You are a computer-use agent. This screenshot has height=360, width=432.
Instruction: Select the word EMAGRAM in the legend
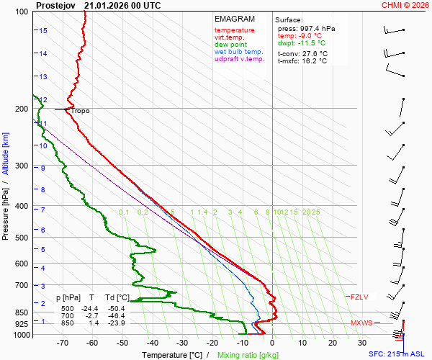click(234, 19)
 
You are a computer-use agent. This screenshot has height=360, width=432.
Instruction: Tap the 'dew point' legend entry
click(230, 45)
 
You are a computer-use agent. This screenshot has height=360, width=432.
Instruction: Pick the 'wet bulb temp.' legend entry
click(239, 52)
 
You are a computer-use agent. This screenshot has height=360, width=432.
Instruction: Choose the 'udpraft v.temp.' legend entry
click(240, 59)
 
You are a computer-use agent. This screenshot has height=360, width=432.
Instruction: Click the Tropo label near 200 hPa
click(81, 111)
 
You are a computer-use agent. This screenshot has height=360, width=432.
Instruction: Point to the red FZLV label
click(359, 297)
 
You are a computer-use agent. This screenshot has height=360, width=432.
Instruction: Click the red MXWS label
click(361, 323)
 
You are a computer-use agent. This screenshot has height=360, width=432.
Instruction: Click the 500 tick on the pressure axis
click(22, 238)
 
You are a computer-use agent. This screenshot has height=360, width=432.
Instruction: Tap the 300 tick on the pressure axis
click(22, 166)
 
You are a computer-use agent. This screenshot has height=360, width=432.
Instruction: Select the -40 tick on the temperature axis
click(152, 343)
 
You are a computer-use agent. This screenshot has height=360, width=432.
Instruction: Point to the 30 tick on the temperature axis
click(362, 343)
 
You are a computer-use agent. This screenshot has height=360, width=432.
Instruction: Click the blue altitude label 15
click(43, 31)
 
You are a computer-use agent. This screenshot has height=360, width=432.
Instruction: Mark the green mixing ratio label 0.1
click(124, 212)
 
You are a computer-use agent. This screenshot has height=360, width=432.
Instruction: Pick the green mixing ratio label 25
click(315, 212)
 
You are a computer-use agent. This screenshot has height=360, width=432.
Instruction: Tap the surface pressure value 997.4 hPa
click(312, 29)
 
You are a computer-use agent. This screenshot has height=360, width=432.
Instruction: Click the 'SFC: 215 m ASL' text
click(397, 354)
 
